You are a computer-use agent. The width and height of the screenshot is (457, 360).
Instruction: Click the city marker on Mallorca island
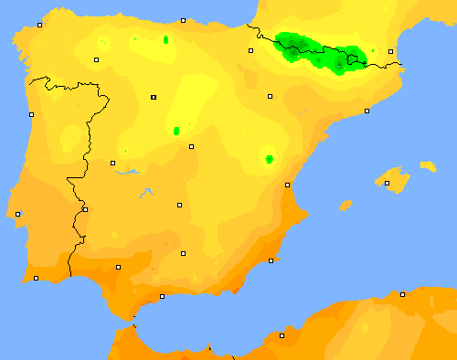coord(387,184)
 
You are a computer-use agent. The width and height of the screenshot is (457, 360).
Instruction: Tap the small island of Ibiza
coord(345,206)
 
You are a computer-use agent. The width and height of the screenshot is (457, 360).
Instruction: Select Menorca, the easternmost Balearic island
coord(428,167)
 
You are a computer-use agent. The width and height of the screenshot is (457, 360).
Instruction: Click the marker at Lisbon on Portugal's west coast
coord(18,214)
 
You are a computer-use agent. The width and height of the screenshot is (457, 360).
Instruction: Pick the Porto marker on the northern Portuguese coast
coord(31,114)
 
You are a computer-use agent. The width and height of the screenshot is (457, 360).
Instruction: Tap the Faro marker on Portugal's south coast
coord(36,278)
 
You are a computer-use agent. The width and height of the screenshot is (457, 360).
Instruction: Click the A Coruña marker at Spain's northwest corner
coord(39,26)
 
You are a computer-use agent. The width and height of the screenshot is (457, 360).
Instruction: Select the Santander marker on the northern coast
coord(183,20)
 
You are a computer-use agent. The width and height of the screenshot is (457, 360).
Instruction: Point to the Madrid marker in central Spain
coord(191,146)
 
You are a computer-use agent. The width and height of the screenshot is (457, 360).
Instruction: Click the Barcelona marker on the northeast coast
coord(367,111)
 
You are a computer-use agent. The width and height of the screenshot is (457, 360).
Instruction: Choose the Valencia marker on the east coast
coord(287,185)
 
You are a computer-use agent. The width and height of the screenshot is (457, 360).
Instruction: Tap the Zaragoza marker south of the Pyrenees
coord(270,96)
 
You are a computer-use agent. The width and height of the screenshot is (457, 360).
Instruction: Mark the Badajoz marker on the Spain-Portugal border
coord(85,209)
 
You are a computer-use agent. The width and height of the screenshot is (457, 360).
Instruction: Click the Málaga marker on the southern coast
coord(163,296)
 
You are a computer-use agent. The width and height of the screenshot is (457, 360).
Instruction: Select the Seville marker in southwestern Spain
coord(118,267)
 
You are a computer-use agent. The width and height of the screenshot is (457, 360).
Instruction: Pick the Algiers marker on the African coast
coord(402,294)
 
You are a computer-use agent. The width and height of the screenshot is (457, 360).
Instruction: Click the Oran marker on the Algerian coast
coord(282,335)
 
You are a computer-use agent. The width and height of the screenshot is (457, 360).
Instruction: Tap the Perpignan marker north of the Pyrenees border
coord(390,51)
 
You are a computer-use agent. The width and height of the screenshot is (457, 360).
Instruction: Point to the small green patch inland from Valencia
coord(269,159)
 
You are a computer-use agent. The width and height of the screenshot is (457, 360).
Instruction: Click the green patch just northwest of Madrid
coord(175,131)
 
